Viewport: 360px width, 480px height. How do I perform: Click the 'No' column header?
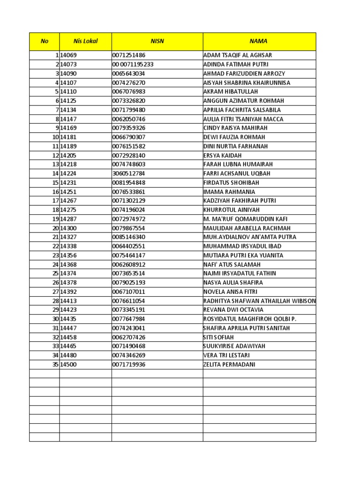pos(45,41)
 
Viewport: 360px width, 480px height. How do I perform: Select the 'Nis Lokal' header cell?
pos(85,41)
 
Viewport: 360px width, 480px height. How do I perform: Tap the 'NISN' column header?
pos(157,41)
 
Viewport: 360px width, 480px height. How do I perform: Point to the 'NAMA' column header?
pos(259,41)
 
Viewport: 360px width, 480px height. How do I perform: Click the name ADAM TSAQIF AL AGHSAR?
pos(238,55)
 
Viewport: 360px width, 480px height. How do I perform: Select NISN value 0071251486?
pos(129,55)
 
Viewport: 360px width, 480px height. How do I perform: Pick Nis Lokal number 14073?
pos(68,64)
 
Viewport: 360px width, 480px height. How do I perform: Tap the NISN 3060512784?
pos(129,173)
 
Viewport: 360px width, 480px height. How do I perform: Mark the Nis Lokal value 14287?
pos(68,219)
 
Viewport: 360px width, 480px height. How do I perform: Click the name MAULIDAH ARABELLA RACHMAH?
pos(247,228)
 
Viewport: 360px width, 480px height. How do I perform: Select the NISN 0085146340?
pos(129,237)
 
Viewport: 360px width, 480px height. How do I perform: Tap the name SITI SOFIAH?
pos(218,337)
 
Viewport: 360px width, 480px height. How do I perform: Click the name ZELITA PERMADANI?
pos(229,364)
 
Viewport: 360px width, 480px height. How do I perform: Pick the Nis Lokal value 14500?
pos(68,364)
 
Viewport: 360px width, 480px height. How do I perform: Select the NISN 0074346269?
pos(129,355)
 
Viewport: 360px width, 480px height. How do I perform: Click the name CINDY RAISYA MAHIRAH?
pos(235,128)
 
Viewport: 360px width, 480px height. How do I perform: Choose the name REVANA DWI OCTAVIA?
pos(233,310)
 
